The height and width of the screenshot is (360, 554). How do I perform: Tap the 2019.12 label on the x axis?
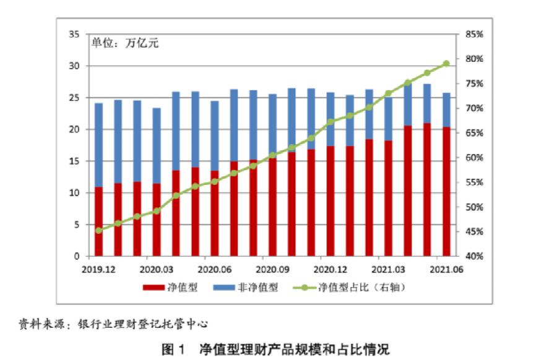98,268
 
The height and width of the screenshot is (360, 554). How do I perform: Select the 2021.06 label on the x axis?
446,268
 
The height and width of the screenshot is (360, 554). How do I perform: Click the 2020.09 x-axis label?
272,268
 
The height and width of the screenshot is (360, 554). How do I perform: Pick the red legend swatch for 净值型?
152,288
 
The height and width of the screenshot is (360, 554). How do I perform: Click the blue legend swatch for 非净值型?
222,288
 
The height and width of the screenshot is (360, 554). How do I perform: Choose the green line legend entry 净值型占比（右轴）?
303,288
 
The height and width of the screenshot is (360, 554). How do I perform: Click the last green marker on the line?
446,64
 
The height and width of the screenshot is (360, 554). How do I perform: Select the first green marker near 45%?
98,231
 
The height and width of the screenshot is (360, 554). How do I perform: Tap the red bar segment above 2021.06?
446,192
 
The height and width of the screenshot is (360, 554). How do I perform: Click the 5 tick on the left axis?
76,225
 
